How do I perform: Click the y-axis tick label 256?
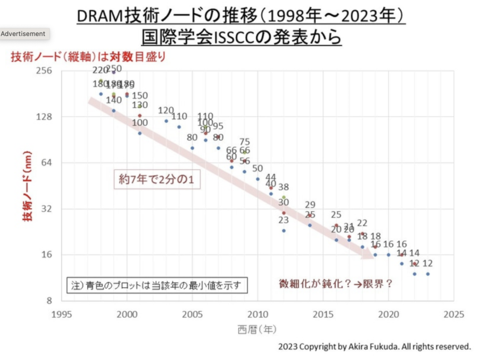tap(43, 70)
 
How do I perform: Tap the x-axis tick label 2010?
tap(258, 314)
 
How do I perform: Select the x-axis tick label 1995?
tap(62, 314)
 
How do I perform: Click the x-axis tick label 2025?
tap(453, 314)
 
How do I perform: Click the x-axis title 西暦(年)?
tap(257, 330)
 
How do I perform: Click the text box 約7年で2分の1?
tap(157, 179)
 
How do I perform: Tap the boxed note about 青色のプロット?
tap(158, 286)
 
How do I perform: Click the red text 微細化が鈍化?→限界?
tap(336, 284)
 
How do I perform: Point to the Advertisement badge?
tap(23, 34)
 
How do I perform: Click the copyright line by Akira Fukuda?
tap(374, 347)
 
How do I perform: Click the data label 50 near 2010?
tap(258, 169)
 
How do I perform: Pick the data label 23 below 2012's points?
tap(283, 220)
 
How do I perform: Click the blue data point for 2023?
tap(428, 274)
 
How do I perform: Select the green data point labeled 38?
tap(284, 197)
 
